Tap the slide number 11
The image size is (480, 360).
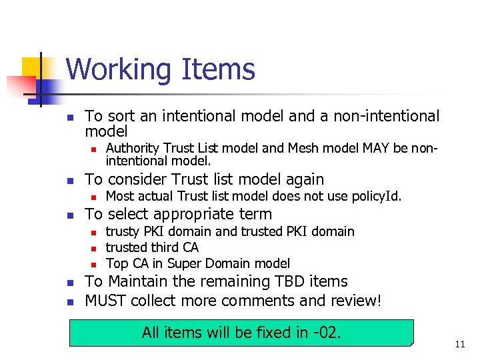click(x=459, y=344)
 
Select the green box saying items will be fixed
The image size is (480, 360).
click(x=241, y=332)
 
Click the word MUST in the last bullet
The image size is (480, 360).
click(x=106, y=301)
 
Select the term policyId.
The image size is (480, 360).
click(x=377, y=196)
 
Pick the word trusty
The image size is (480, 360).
click(x=122, y=231)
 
